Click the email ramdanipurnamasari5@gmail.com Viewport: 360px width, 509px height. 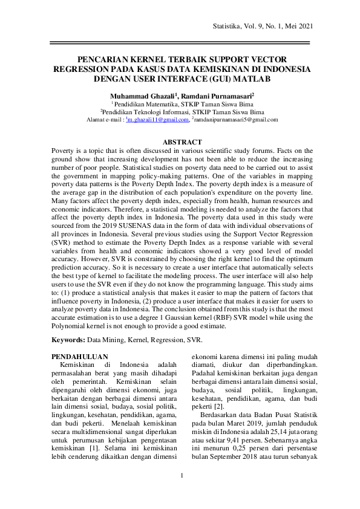tap(236, 120)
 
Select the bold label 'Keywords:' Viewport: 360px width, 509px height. tap(68, 341)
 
